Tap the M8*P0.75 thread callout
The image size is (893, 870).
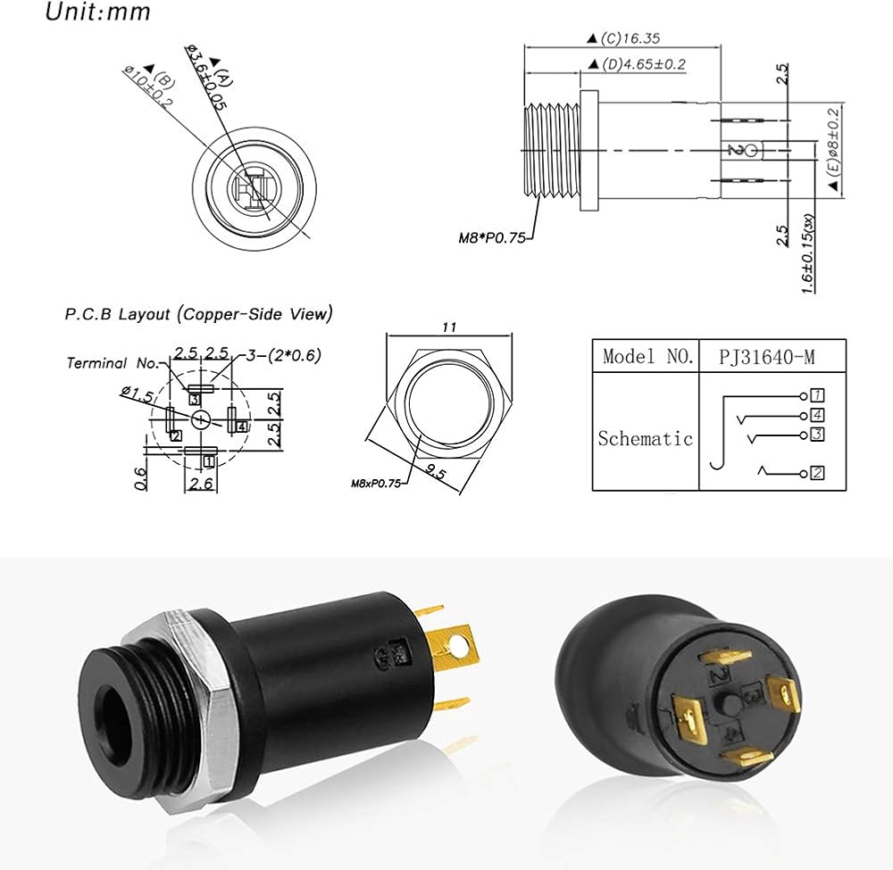click(x=490, y=237)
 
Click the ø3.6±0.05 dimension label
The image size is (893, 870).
click(x=203, y=79)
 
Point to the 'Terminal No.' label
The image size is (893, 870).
click(x=112, y=362)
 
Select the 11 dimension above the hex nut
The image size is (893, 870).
click(x=448, y=327)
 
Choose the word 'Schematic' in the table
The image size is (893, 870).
click(x=645, y=438)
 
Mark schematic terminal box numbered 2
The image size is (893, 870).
click(x=816, y=473)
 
